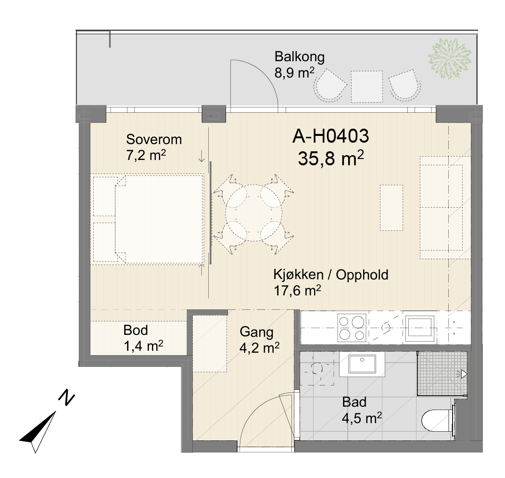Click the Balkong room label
click(x=300, y=57)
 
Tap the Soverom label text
click(x=154, y=139)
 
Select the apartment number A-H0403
click(x=330, y=136)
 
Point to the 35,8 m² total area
click(x=331, y=158)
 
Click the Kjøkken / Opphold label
click(x=331, y=275)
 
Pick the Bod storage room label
click(x=136, y=330)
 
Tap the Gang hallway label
click(x=256, y=332)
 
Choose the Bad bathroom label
click(x=354, y=402)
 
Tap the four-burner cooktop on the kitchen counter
click(x=352, y=328)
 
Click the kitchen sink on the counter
click(x=420, y=328)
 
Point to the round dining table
click(x=254, y=213)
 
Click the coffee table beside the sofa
click(x=391, y=208)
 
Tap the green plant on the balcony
click(x=450, y=58)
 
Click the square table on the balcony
click(x=367, y=87)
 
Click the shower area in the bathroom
click(x=442, y=373)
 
